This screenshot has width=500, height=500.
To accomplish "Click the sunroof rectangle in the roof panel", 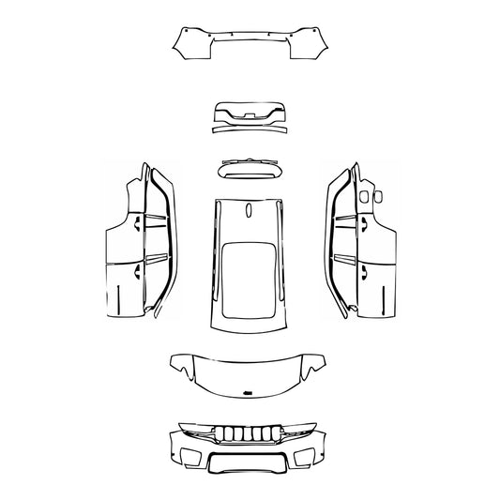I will [x=250, y=278].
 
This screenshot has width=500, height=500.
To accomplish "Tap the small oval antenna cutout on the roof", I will [x=249, y=211].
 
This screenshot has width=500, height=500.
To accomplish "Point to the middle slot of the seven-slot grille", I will [x=250, y=434].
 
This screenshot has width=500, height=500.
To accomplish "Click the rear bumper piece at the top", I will [x=250, y=42].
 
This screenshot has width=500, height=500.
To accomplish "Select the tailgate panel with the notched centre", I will [x=250, y=112].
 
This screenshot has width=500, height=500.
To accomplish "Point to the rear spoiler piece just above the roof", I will [x=250, y=168].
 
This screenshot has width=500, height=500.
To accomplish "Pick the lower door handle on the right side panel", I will [x=361, y=273].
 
